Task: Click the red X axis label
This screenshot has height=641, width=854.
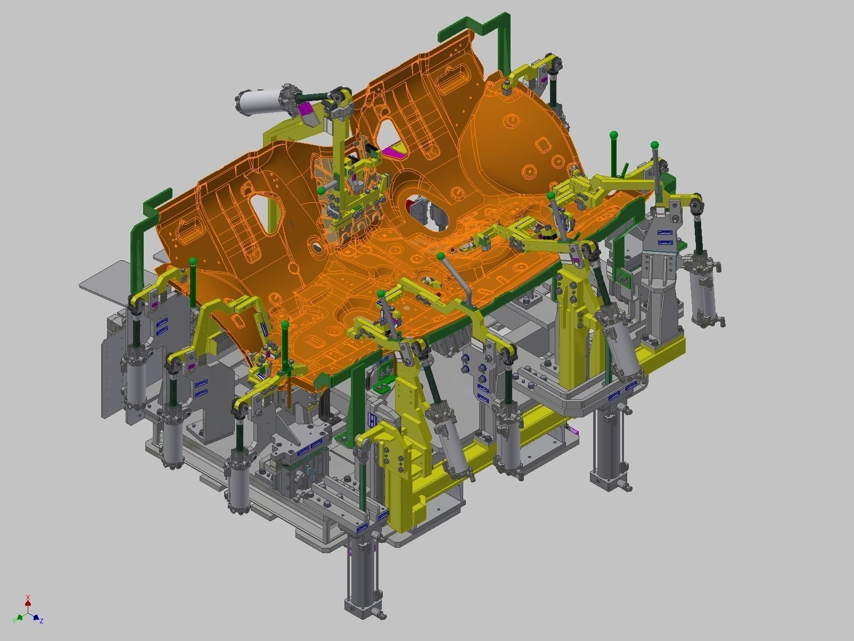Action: tap(28, 597)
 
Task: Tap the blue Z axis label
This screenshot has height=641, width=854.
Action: tap(41, 621)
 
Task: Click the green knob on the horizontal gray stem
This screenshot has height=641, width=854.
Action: tap(321, 190)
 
